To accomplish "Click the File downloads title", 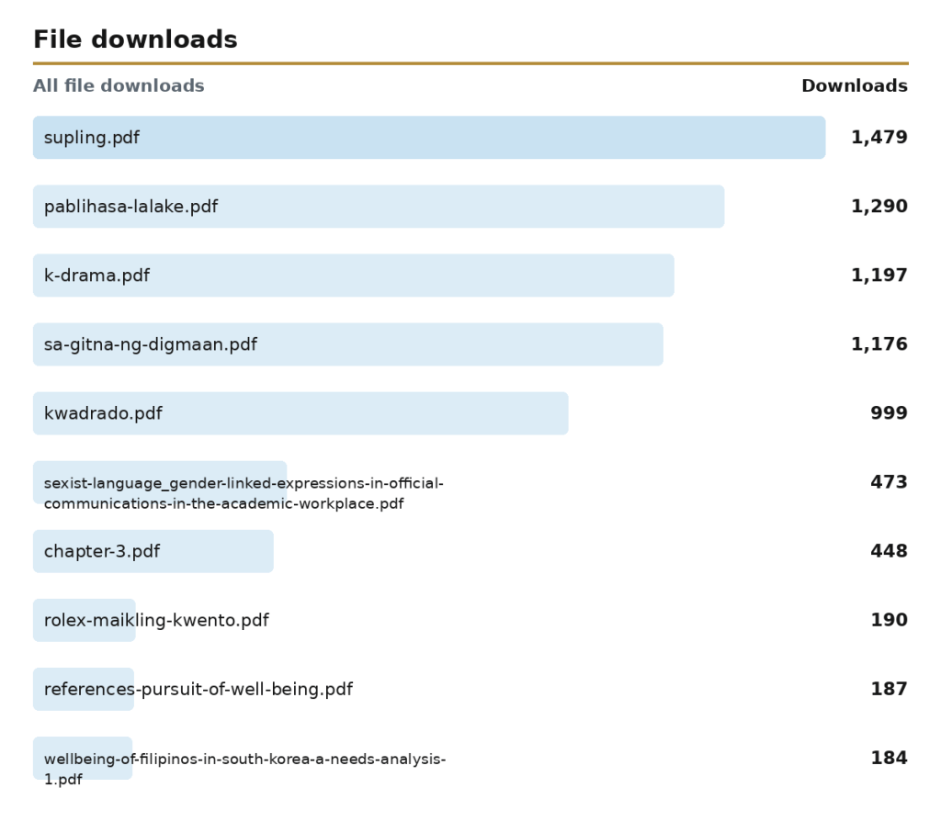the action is click(135, 39).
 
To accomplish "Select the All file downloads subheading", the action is click(119, 85).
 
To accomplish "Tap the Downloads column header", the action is click(855, 85).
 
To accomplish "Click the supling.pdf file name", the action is click(92, 138).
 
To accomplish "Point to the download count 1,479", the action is click(879, 138).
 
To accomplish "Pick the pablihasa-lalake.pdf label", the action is click(130, 207).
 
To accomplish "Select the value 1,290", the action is click(879, 207).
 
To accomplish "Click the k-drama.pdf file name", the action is click(96, 276).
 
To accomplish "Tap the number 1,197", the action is click(879, 276).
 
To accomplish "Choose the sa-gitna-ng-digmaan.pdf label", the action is click(151, 344).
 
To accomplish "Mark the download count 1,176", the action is click(879, 344).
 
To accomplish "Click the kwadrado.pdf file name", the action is click(103, 414).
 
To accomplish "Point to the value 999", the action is click(889, 413).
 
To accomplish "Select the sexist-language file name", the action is click(244, 493).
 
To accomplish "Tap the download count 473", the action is click(889, 482).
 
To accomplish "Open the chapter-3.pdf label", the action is click(102, 552).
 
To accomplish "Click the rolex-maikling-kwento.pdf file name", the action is click(156, 621).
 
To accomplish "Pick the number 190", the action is click(889, 620).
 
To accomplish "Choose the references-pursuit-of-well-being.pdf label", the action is click(198, 690).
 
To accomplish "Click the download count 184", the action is click(889, 758).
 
